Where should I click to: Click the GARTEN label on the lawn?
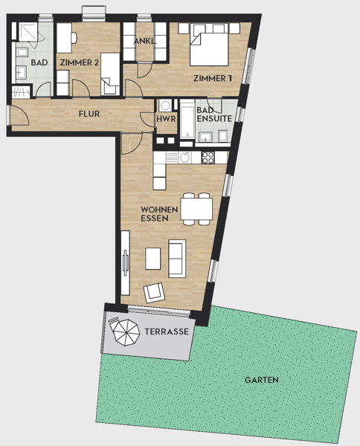coord(261,380)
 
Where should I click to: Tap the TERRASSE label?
coord(167,332)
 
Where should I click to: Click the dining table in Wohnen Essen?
coord(196,209)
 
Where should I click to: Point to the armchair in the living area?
coord(154,292)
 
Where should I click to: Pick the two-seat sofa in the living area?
coord(177,258)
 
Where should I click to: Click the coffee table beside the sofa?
coord(152,259)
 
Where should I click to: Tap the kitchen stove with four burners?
coord(208,158)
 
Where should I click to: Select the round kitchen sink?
coord(185,158)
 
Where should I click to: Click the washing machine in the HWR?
coord(165,106)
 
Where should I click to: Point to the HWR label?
coord(166,119)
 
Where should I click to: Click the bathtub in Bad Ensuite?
coord(187,119)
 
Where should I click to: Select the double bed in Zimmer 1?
coord(209,45)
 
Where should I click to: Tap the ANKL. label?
coord(145,41)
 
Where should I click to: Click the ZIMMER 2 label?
coord(80,62)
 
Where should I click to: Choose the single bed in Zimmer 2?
coord(110,74)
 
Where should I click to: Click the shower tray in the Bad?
coord(28,32)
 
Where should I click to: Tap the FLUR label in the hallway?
coord(89,114)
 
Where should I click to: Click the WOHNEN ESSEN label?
coord(159,214)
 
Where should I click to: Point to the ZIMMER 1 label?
coord(213,78)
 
